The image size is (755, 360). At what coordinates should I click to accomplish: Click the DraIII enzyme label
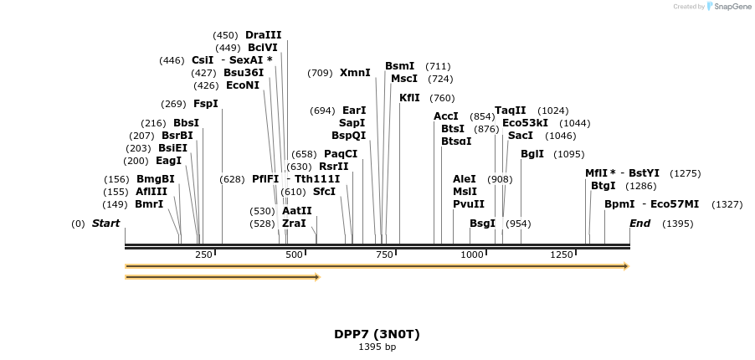click(x=263, y=35)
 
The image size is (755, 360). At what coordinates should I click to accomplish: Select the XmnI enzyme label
click(x=355, y=73)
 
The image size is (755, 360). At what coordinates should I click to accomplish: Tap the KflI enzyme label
click(x=409, y=98)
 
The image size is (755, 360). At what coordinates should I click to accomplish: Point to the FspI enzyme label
click(x=205, y=104)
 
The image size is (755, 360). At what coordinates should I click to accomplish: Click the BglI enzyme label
click(x=532, y=154)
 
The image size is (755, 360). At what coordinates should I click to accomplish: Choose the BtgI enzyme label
click(x=603, y=186)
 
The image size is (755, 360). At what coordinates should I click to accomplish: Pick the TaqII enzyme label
click(x=511, y=111)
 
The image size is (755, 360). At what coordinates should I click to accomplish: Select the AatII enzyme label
click(x=296, y=211)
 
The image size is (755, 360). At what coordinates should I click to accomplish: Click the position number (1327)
click(x=727, y=204)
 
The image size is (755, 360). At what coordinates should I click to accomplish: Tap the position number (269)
click(x=173, y=104)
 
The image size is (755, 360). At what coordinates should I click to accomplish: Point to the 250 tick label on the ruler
click(x=203, y=255)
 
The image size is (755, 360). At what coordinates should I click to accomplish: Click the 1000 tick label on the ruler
click(x=472, y=255)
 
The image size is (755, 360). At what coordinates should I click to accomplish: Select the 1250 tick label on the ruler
click(x=562, y=255)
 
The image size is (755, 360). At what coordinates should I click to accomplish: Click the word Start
click(x=105, y=224)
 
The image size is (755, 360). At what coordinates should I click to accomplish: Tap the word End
click(x=639, y=224)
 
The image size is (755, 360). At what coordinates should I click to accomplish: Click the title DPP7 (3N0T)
click(x=377, y=334)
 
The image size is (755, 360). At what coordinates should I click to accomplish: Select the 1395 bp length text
click(x=377, y=347)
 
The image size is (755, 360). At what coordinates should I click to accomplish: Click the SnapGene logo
click(x=729, y=7)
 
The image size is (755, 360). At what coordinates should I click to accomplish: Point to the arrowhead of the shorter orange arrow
click(x=316, y=277)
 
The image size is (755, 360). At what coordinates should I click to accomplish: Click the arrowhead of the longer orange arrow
click(x=624, y=266)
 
